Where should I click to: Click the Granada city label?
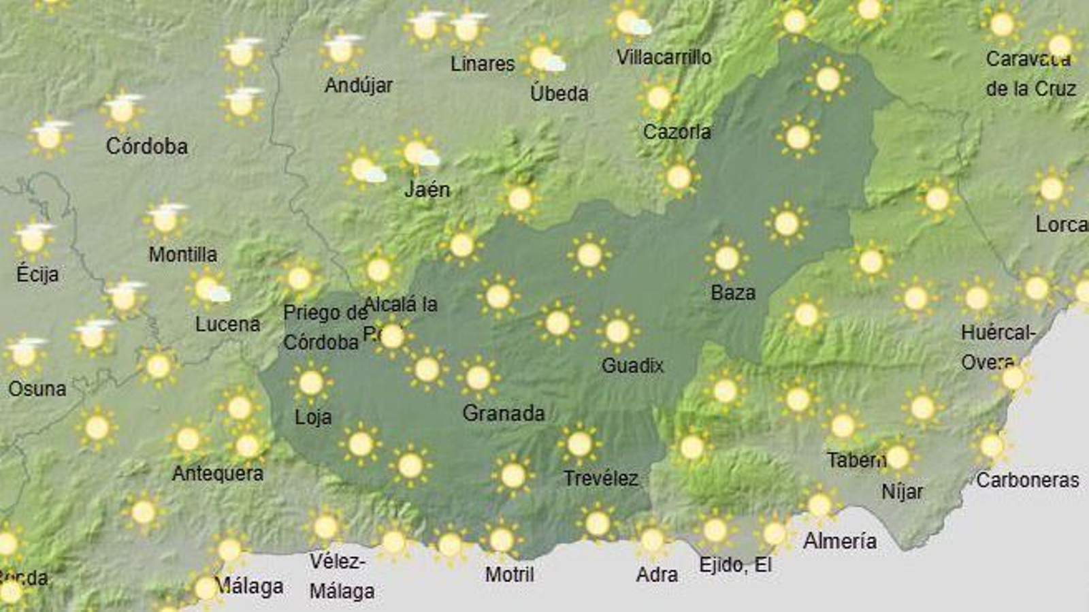503,413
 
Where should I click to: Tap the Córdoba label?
146,146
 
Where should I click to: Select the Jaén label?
427,189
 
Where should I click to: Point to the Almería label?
839,541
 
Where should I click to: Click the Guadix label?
632,366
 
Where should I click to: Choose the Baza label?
732,293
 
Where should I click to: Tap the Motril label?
509,575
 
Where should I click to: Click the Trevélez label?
600,479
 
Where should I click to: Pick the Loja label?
312,417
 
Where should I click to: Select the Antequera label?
217,473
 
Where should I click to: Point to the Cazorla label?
677,131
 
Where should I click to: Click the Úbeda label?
559,93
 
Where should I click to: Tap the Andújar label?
358,86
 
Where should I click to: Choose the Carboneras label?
1027,481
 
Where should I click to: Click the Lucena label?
227,324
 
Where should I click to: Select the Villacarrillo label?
664,57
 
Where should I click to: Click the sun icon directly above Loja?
311,383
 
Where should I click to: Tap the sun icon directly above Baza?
727,258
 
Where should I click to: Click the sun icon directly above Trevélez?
579,445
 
